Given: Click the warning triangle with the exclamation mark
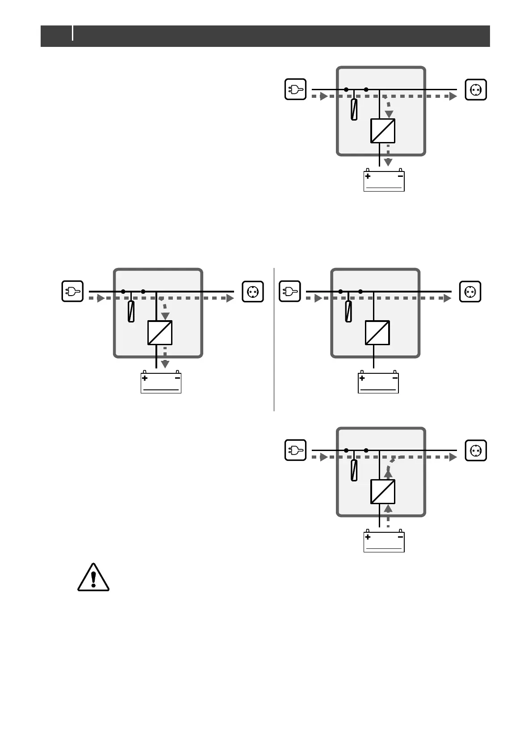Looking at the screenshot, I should [93, 578].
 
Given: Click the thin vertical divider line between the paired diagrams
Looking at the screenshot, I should [274, 339].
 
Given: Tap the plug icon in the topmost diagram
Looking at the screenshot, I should [295, 89].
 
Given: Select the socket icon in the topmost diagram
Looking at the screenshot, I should [476, 89].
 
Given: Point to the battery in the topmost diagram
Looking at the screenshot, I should [384, 181].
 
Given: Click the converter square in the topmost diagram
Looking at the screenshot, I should [383, 131].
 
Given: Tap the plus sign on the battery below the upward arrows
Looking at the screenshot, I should [368, 537].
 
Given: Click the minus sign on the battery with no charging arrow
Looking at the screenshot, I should [395, 378].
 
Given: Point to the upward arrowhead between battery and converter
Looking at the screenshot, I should [388, 508].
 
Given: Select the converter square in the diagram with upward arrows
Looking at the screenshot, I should [383, 492].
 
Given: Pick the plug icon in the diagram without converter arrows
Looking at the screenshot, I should [289, 292].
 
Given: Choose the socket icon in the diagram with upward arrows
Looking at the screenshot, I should [476, 450].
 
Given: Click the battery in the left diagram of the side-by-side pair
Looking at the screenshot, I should [161, 383].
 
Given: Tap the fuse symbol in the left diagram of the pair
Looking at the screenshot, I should [131, 311].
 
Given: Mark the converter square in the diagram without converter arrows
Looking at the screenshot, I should [377, 333].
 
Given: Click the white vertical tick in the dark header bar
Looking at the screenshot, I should [73, 33].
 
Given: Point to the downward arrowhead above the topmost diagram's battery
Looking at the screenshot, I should [388, 162].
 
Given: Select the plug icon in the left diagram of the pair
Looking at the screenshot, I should [72, 292].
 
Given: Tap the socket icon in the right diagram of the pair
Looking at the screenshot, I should [470, 292].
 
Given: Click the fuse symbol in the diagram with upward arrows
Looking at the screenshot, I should [354, 470].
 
